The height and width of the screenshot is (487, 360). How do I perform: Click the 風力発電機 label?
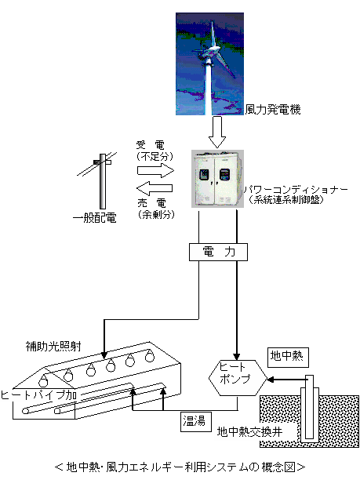click(273, 109)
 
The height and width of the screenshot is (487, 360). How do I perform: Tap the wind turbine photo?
click(209, 64)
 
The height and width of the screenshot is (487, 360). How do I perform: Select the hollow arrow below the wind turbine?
click(217, 132)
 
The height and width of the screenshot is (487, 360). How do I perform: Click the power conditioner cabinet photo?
click(217, 179)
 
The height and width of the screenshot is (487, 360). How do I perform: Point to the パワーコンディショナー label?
click(296, 190)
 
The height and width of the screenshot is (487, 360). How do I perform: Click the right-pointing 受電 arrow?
click(155, 170)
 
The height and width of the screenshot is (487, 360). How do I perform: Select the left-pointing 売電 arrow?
click(155, 188)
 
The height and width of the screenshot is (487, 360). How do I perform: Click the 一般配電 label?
click(94, 218)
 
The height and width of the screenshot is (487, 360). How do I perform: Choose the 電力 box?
click(218, 252)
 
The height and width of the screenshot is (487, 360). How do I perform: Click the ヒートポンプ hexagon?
click(238, 378)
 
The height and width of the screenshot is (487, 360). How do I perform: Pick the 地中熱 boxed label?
click(288, 357)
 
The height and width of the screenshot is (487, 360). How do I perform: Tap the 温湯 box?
click(195, 421)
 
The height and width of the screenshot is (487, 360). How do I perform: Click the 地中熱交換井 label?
click(249, 432)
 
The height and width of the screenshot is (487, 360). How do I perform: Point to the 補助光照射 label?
click(53, 346)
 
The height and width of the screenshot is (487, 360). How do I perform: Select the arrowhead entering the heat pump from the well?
click(271, 380)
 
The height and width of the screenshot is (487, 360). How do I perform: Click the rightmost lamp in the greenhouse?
click(150, 355)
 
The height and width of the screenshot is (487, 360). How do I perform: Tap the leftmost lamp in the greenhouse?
click(43, 380)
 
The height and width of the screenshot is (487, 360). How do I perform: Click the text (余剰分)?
click(156, 214)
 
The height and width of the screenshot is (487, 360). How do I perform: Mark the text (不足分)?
click(155, 156)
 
